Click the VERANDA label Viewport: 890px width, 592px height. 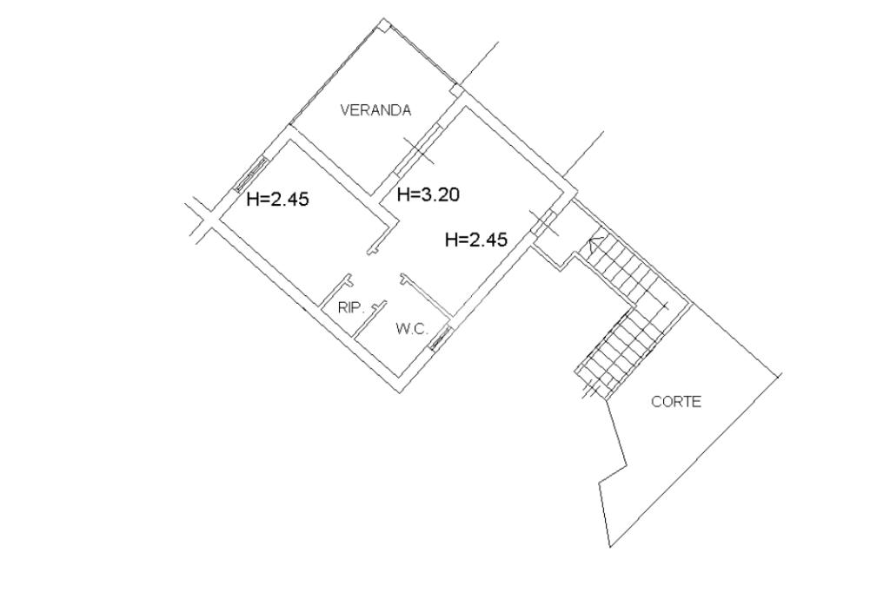pos(375,110)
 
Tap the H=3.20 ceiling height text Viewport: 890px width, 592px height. pos(428,194)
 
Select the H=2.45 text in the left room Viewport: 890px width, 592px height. pos(278,199)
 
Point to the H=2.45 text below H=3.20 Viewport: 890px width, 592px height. pos(476,240)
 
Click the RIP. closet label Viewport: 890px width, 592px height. pos(351,308)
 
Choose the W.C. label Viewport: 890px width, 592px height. pos(412,329)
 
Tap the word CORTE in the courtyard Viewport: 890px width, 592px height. pos(676,402)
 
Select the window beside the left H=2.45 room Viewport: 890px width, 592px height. pos(251,174)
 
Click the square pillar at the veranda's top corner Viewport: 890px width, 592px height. pos(385,24)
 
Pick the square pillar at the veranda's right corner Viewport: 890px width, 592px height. pos(455,91)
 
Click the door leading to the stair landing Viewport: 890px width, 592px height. pos(543,223)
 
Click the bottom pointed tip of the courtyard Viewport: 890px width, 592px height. pos(609,547)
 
